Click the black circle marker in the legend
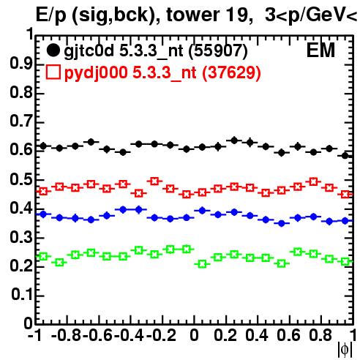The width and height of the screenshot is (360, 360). coord(53,50)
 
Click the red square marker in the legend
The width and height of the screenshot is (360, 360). coord(53,72)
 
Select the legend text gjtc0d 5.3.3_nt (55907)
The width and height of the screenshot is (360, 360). coord(156,51)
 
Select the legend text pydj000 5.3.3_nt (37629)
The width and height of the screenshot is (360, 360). coord(162,73)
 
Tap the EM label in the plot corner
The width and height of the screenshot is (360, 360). coord(320,50)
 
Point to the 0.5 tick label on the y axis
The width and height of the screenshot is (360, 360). coord(20,179)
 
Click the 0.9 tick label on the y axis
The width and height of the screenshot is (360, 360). coord(20,64)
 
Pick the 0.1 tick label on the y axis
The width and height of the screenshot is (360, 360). coord(22,295)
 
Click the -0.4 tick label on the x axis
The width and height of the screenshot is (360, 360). coord(130,335)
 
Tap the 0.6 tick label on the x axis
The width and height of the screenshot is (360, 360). coord(288,335)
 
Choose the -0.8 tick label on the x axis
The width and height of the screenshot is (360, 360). coord(67,335)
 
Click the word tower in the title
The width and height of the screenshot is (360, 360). coord(191,15)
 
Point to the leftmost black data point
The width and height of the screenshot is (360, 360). coord(43,146)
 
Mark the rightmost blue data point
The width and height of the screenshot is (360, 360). coord(345,221)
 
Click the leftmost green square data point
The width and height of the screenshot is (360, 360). coord(43,256)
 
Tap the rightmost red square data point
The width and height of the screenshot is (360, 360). coord(345,195)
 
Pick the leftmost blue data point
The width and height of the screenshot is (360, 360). coord(43,214)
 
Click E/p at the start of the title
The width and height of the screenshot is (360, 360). coord(51,16)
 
